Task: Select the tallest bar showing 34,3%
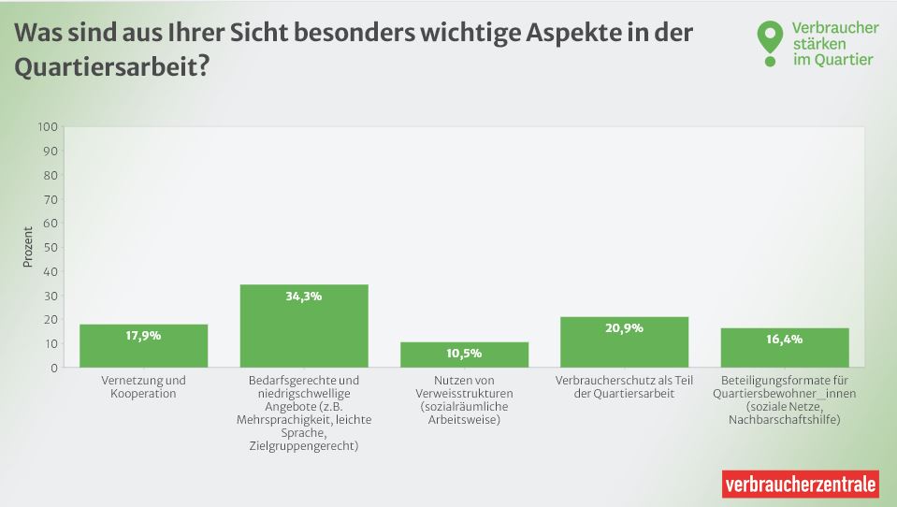coord(304,326)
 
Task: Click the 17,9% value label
coord(143,335)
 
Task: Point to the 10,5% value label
coord(464,353)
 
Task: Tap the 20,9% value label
coord(624,328)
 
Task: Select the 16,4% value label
coord(785,339)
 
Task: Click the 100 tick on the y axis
coord(48,127)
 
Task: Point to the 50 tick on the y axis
coord(51,248)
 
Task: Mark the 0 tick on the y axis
coord(54,368)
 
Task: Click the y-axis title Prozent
coord(27,247)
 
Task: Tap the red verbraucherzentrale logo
coord(801,485)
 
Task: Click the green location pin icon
coord(769,41)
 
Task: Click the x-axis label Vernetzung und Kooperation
coord(143,387)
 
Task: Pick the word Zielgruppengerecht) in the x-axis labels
coord(304,446)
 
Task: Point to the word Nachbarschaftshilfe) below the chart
coord(785,420)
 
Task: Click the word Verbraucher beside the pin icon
coord(834,28)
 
